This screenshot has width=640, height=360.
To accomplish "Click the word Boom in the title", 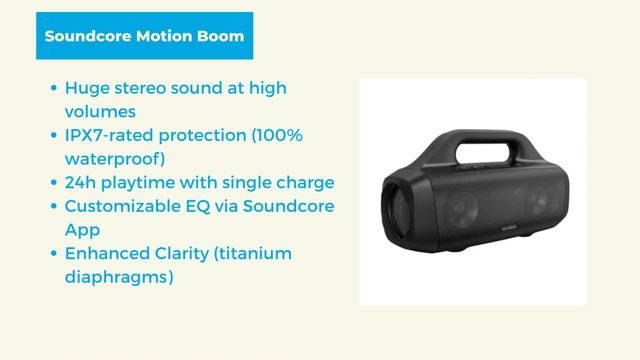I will point(220,36).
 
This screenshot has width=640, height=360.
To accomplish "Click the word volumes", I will point(100,111).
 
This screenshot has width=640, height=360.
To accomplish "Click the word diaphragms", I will point(119,276).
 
